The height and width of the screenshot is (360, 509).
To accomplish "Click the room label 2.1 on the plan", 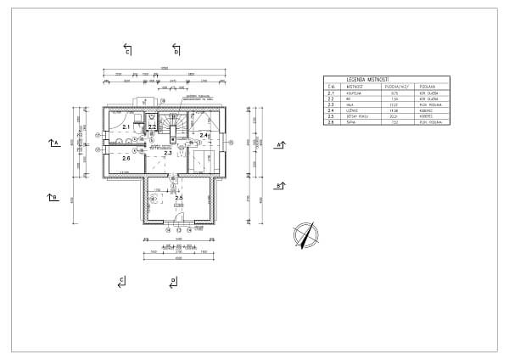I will pyautogui.click(x=126, y=127).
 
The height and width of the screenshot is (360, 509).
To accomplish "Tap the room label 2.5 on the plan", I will pyautogui.click(x=179, y=198).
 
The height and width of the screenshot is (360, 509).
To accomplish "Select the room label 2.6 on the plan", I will pyautogui.click(x=126, y=158).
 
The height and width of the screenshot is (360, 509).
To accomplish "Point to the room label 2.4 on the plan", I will pyautogui.click(x=203, y=135).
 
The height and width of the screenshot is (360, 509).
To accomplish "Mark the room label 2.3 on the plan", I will pyautogui.click(x=168, y=153).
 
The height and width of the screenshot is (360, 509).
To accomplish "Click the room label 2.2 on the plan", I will pyautogui.click(x=151, y=127).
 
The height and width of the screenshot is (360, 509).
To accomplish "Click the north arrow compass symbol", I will pyautogui.click(x=304, y=233).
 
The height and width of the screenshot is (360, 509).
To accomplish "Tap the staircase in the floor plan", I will pyautogui.click(x=176, y=127).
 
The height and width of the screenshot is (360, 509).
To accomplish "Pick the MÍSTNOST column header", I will pyautogui.click(x=355, y=86).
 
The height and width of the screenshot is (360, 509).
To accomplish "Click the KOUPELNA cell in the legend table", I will pyautogui.click(x=355, y=93).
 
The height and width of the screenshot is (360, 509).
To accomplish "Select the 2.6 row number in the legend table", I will pyautogui.click(x=331, y=122).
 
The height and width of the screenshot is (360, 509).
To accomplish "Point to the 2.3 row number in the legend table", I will pyautogui.click(x=331, y=104).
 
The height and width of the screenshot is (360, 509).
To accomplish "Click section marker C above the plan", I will pyautogui.click(x=127, y=49).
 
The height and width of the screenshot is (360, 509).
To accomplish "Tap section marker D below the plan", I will pyautogui.click(x=173, y=281).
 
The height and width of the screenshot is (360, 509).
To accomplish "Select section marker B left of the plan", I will pyautogui.click(x=53, y=197).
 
